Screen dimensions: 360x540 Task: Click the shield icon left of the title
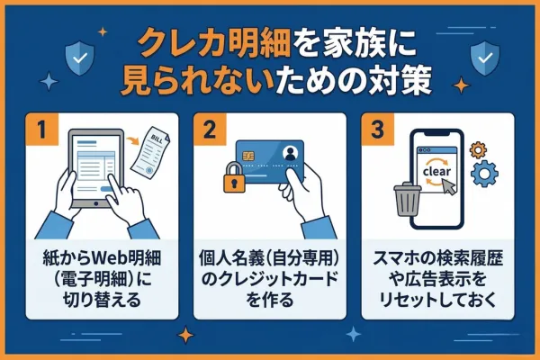tap(79, 58)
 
